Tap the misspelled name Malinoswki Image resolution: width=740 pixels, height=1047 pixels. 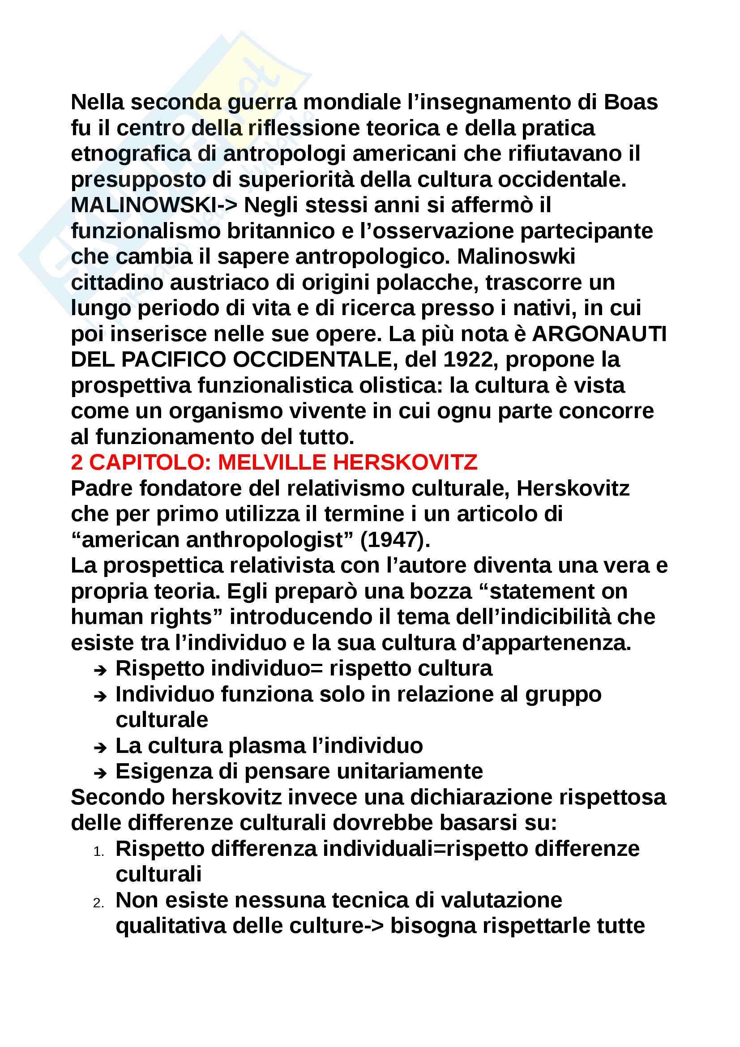point(516,257)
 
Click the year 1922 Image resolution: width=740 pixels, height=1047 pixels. point(469,360)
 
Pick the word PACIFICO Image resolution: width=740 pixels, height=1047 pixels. point(174,360)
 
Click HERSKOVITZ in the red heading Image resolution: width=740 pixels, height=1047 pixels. point(405,463)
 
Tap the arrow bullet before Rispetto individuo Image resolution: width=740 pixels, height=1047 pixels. point(100,671)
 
